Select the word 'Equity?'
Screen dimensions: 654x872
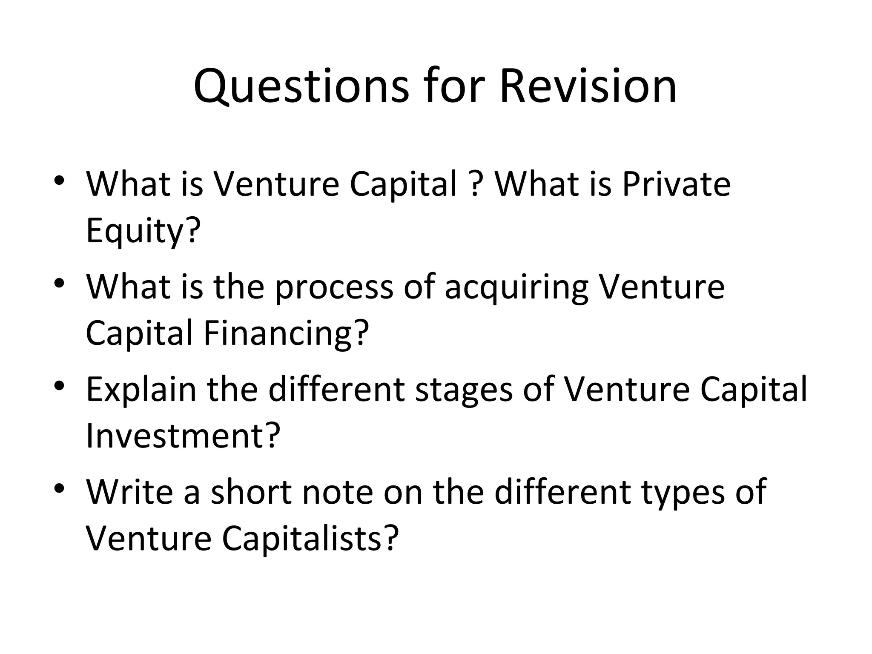[143, 231]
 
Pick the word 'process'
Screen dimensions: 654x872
[334, 287]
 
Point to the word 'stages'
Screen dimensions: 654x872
[464, 390]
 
